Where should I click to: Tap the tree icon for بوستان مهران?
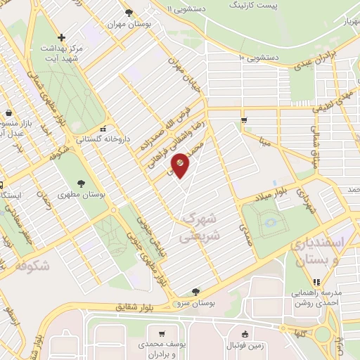[x=128, y=13]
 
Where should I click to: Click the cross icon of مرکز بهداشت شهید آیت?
[x=62, y=37]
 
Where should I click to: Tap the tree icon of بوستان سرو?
[x=195, y=291]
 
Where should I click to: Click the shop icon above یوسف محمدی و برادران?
[x=162, y=334]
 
